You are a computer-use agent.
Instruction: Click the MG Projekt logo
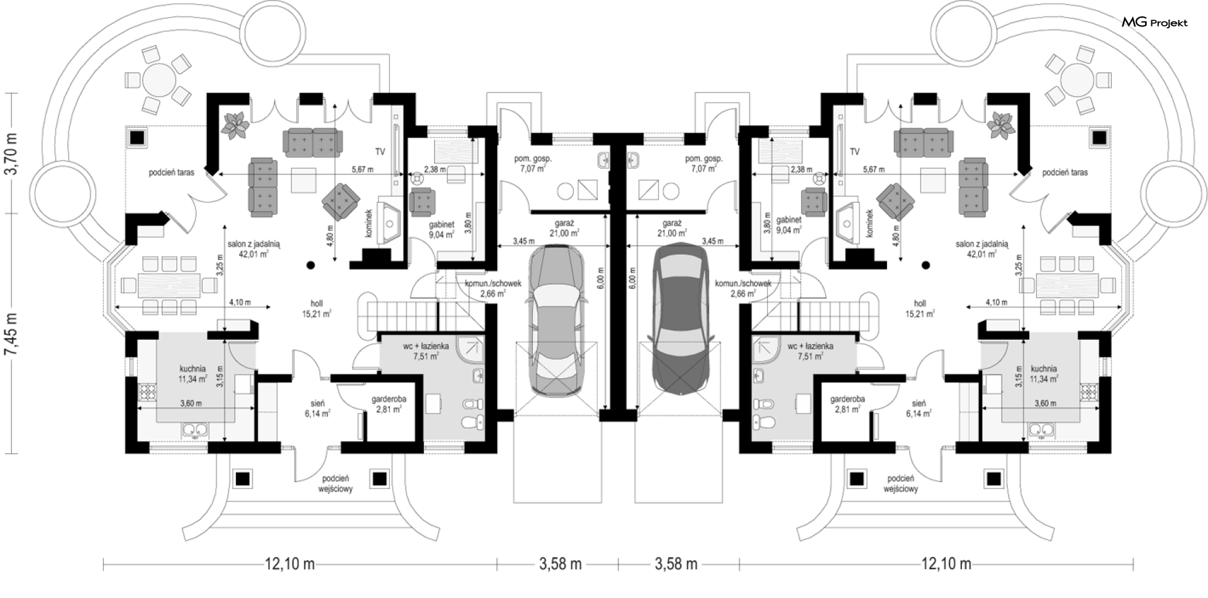pos(1155,23)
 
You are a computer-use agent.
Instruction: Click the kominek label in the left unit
pos(369,223)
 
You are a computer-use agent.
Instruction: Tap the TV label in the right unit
pos(854,152)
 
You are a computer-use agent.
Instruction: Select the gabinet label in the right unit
pos(788,220)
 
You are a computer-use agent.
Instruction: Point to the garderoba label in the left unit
pos(389,399)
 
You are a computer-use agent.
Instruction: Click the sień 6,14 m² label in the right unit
pos(919,409)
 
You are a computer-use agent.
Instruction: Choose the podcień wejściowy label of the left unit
pos(335,483)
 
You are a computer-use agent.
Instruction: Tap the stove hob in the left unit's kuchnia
pos(146,393)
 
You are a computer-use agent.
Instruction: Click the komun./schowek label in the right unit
pos(744,283)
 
